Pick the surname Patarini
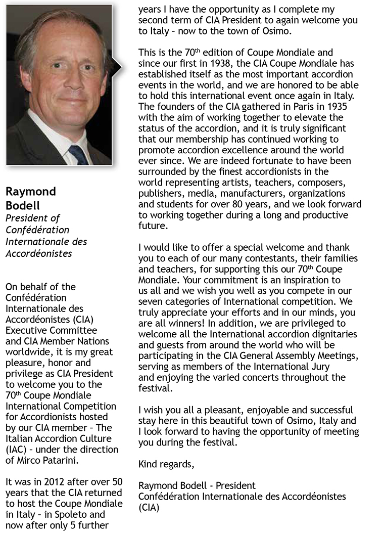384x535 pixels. click(x=65, y=460)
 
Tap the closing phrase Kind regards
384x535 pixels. click(x=166, y=464)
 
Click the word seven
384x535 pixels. click(x=151, y=301)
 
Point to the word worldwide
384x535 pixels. click(x=25, y=352)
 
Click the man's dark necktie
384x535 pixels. click(x=79, y=154)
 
